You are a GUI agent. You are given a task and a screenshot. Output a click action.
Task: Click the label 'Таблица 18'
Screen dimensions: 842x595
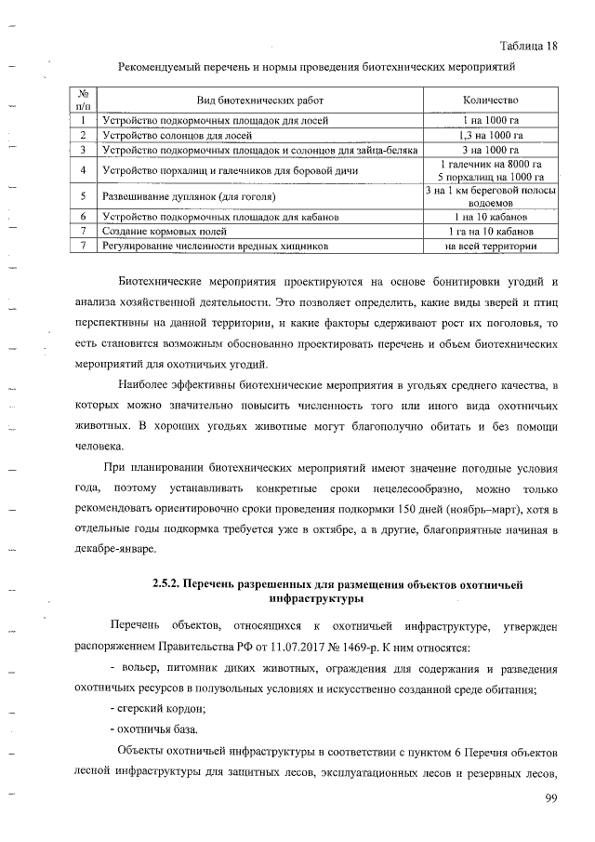pyautogui.click(x=528, y=47)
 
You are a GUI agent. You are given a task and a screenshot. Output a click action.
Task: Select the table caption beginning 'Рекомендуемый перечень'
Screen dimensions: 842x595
pyautogui.click(x=315, y=67)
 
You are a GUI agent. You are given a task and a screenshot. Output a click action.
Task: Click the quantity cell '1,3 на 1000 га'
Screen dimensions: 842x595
pyautogui.click(x=490, y=135)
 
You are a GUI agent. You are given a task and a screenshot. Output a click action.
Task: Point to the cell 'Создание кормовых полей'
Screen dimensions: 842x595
pyautogui.click(x=162, y=230)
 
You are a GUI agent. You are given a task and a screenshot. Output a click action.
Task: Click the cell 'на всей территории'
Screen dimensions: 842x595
pyautogui.click(x=490, y=246)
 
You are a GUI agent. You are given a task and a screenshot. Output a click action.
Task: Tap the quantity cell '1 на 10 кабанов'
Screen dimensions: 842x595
pyautogui.click(x=490, y=216)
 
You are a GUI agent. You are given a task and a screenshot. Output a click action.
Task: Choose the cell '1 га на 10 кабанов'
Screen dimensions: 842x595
pyautogui.click(x=490, y=230)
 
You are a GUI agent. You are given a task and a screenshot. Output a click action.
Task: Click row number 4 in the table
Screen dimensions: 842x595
pyautogui.click(x=84, y=170)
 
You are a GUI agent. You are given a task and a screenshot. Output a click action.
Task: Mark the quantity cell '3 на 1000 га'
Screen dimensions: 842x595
pyautogui.click(x=490, y=149)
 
